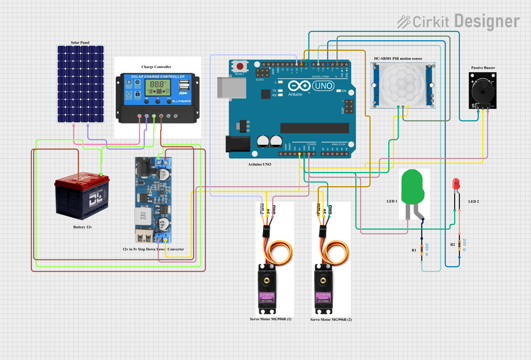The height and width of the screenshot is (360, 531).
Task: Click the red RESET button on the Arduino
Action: click(x=240, y=66)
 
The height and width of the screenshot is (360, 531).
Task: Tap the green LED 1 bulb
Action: click(x=412, y=187)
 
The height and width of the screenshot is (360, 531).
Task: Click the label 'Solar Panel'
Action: click(x=80, y=42)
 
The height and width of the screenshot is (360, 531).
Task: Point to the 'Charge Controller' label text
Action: click(x=156, y=67)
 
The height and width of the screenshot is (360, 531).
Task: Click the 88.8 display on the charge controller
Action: click(x=157, y=84)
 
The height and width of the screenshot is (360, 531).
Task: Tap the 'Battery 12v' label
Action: click(x=82, y=227)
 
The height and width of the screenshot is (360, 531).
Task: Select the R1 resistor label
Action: click(x=414, y=250)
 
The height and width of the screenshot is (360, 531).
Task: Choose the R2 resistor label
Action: click(x=452, y=245)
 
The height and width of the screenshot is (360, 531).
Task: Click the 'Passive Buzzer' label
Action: click(x=483, y=68)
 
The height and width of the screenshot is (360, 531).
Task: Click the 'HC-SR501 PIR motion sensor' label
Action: click(x=398, y=59)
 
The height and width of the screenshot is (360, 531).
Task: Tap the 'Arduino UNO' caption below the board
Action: click(x=259, y=164)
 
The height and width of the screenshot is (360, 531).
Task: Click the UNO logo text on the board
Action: click(x=324, y=86)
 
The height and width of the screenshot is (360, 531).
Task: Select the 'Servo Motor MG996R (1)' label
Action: click(x=270, y=319)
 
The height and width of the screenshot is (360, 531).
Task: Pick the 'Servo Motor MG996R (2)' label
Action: click(x=331, y=320)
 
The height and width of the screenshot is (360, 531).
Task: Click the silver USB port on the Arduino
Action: click(x=231, y=88)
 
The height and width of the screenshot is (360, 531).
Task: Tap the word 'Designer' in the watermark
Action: click(x=487, y=21)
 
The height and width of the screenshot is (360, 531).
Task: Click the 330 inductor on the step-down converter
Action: click(x=143, y=216)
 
